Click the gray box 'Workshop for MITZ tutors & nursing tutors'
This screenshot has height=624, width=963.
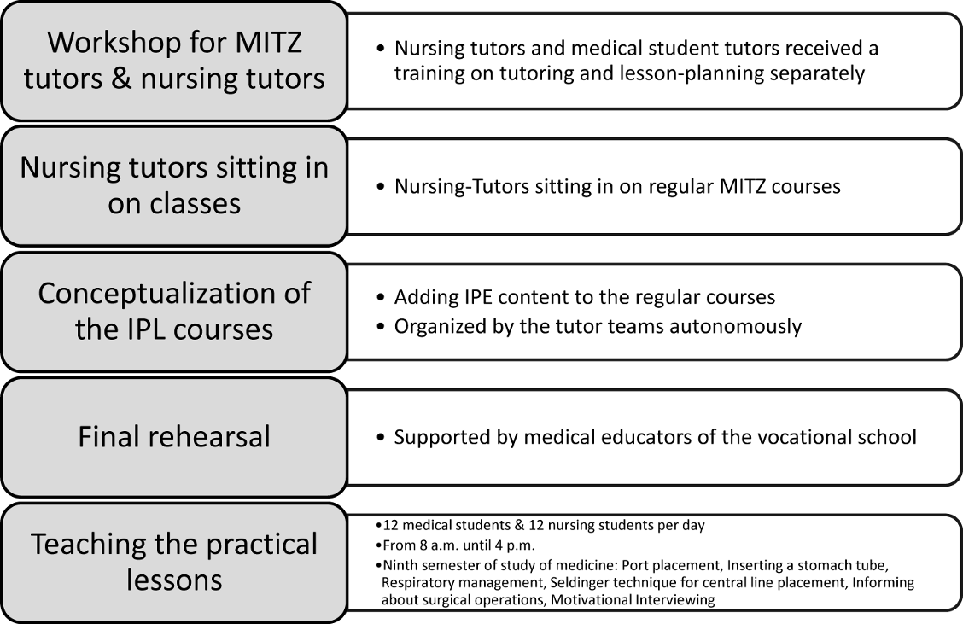174,60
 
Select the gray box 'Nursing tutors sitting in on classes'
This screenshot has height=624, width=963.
174,185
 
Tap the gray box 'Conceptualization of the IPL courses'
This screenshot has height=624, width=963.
174,311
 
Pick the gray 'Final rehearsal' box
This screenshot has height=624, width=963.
174,437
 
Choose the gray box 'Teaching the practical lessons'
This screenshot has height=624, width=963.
174,562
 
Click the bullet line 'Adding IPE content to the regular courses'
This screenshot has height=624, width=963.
584,298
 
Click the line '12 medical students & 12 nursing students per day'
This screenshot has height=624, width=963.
543,526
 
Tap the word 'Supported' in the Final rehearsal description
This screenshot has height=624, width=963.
437,437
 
